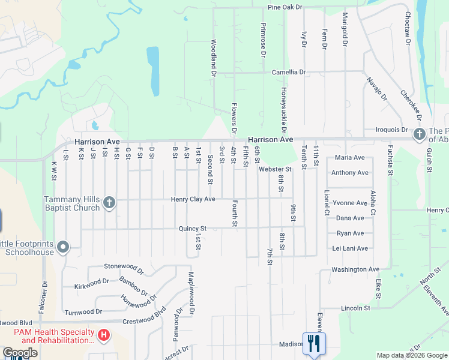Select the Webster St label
point(275,170)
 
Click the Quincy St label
point(192,229)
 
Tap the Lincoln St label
point(356,308)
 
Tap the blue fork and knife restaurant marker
point(313,344)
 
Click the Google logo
point(20,353)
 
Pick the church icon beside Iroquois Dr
point(419,134)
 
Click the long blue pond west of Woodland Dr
point(153,71)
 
